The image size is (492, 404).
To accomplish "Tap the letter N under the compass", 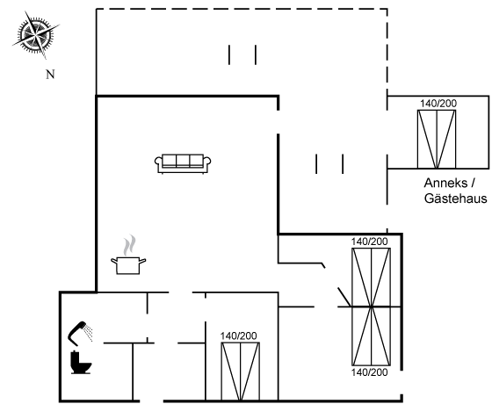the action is click(50, 75).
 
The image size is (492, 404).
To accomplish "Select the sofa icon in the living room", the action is click(183, 163).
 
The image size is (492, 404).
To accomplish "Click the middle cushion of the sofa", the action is click(183, 160).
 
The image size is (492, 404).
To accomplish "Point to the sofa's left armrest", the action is click(158, 162).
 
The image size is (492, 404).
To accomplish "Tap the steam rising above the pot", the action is click(130, 245).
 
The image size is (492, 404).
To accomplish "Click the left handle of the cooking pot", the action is click(114, 260).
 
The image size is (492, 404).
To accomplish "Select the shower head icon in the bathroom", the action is click(80, 333).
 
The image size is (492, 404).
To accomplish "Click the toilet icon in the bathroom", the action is click(81, 362).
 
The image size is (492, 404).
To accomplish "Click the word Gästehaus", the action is click(456, 198).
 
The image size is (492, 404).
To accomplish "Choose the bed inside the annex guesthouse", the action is click(437, 140).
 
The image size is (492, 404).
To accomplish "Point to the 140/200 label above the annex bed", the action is click(438, 104).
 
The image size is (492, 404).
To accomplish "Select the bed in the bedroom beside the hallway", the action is click(241, 372).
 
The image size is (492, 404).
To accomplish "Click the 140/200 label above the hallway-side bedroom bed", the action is click(238, 335).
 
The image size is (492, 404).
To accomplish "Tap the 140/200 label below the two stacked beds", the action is click(369, 372).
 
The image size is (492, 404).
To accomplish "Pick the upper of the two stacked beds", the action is click(371, 278).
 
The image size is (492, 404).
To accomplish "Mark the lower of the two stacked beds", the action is click(371, 336).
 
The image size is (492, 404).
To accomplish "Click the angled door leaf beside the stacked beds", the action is click(344, 297).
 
